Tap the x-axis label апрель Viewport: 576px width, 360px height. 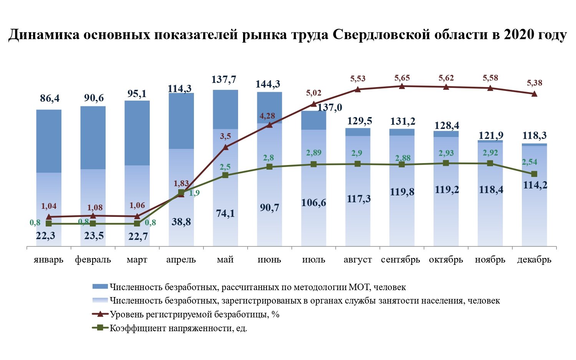[x=181, y=260]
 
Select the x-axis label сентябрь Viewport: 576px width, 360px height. [x=401, y=260]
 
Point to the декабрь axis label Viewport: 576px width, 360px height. [x=534, y=260]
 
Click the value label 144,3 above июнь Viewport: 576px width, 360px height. [x=269, y=84]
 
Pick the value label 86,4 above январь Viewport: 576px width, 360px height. [x=50, y=99]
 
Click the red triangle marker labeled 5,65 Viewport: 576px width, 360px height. [x=402, y=86]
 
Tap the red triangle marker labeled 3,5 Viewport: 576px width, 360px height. [x=225, y=147]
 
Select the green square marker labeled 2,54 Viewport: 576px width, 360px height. [x=534, y=174]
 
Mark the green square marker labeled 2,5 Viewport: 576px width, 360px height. [x=225, y=175]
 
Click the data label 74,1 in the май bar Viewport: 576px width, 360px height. [x=225, y=213]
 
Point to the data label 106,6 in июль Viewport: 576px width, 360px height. [x=314, y=202]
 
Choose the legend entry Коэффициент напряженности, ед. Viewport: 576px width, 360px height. [x=178, y=329]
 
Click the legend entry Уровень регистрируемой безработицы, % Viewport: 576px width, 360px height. [x=194, y=315]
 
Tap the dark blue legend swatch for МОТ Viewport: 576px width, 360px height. [x=100, y=287]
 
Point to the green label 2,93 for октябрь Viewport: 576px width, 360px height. [x=446, y=153]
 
